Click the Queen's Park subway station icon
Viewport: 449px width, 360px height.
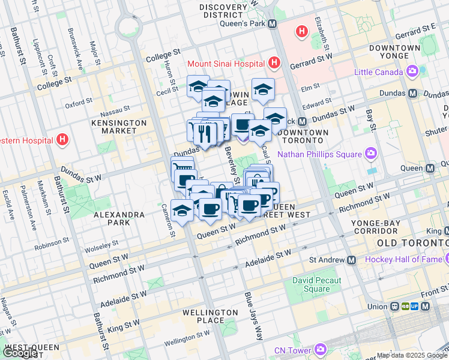coord(272,24)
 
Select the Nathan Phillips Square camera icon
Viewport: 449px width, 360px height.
coord(372,154)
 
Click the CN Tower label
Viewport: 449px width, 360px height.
coord(294,350)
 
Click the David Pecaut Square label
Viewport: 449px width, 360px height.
coord(317,285)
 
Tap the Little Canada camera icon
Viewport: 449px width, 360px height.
coord(412,72)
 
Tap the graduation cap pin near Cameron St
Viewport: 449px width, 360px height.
coord(182,210)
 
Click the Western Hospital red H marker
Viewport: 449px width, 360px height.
coord(62,140)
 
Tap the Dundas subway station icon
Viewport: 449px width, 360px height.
coord(413,94)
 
